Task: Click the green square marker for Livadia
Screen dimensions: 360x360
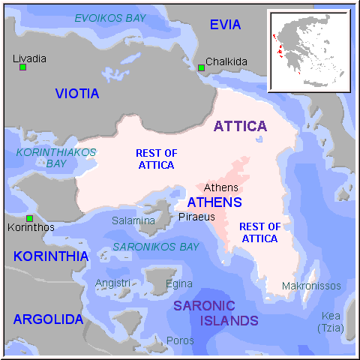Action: click(x=23, y=67)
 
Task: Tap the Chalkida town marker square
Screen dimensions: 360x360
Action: click(x=201, y=68)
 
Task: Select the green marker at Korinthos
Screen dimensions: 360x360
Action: click(x=29, y=218)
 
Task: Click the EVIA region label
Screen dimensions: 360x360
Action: click(x=225, y=25)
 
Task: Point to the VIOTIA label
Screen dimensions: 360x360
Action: click(x=77, y=94)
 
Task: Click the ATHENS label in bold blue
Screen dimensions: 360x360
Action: click(x=214, y=202)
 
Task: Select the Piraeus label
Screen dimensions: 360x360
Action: click(x=196, y=217)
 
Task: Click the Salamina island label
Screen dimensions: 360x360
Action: click(x=133, y=220)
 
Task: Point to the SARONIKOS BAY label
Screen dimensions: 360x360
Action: click(x=156, y=246)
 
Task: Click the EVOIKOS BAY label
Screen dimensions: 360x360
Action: click(x=109, y=17)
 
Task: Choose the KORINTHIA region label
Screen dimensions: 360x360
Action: click(x=51, y=256)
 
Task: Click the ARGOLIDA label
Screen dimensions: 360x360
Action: click(x=48, y=319)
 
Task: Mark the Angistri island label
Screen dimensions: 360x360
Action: click(x=113, y=283)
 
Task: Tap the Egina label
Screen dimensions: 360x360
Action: click(x=179, y=283)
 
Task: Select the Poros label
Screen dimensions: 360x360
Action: click(x=180, y=340)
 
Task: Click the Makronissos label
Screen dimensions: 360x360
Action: click(x=311, y=286)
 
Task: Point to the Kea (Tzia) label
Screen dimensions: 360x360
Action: click(x=330, y=322)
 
